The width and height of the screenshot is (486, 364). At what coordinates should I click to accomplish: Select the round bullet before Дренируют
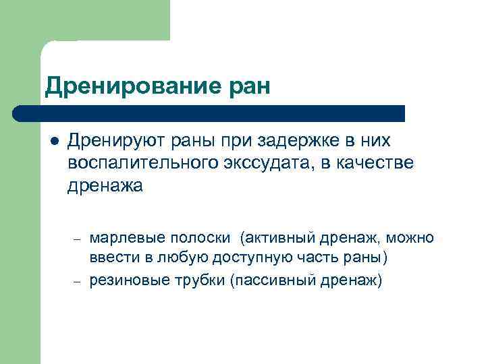pyautogui.click(x=54, y=142)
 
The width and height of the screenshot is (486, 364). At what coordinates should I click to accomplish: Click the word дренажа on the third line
pyautogui.click(x=105, y=186)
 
